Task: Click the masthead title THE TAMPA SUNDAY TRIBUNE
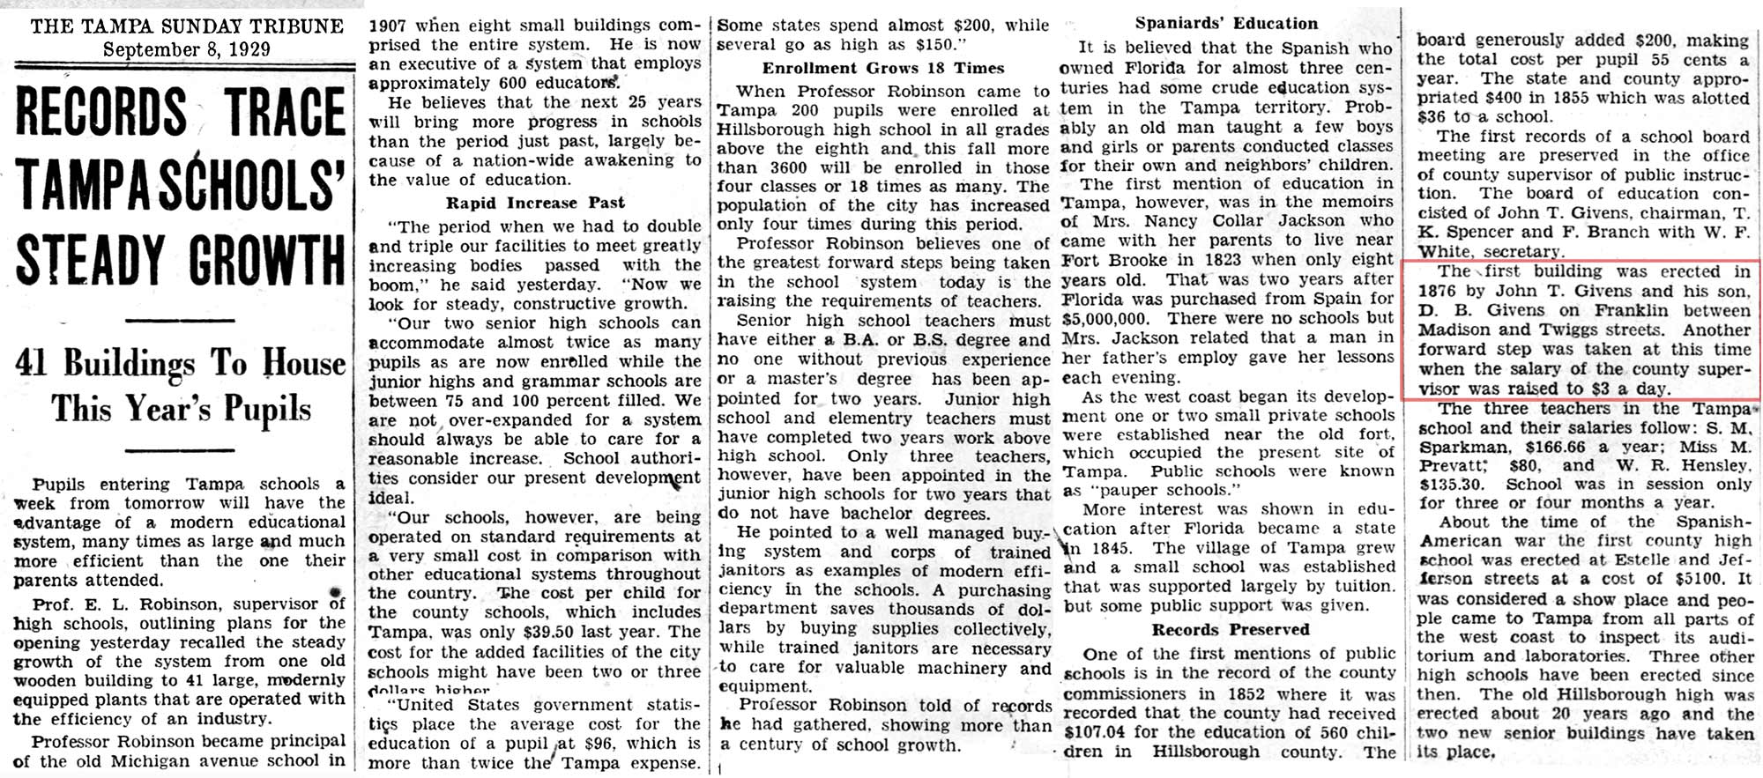point(187,26)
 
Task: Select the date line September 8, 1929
point(187,49)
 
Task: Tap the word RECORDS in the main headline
point(101,112)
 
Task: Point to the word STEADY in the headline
point(91,260)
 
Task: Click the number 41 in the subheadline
point(32,363)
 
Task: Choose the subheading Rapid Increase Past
point(535,203)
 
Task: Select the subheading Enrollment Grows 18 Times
point(883,68)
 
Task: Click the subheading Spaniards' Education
point(1226,24)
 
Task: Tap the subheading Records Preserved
point(1230,630)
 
